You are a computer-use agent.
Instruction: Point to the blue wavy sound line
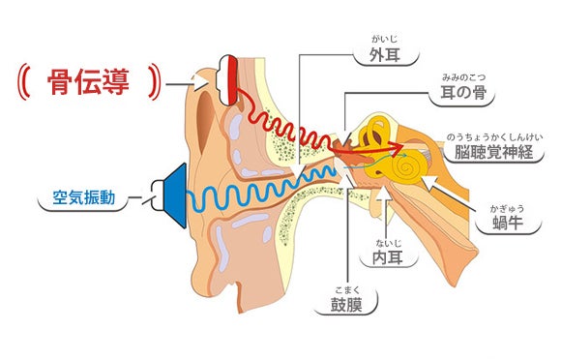pyautogui.click(x=261, y=194)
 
